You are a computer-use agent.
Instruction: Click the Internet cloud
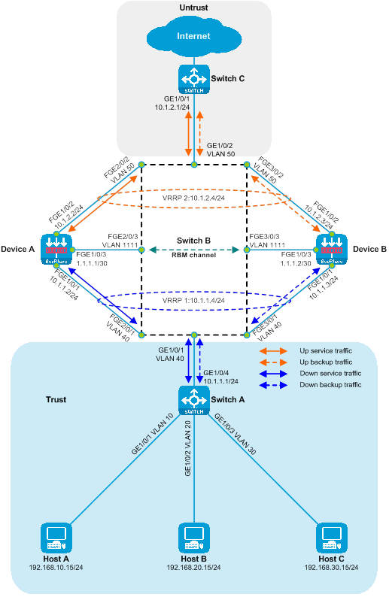coord(194,37)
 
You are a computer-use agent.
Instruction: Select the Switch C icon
coord(194,79)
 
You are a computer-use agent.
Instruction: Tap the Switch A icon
coord(194,400)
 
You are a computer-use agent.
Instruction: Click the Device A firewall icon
coord(56,250)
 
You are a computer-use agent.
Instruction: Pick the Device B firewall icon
coord(332,250)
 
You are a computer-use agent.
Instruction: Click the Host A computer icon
coord(56,538)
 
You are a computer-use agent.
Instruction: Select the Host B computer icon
coord(194,538)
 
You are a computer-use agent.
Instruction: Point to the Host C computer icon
coord(332,538)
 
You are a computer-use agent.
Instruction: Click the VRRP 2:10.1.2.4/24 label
coord(193,198)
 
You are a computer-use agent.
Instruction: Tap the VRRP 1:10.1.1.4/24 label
coord(193,301)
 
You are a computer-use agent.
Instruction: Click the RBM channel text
coord(193,255)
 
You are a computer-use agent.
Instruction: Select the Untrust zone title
coord(193,8)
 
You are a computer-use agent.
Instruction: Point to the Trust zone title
coord(56,399)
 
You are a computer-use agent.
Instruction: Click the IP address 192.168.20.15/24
coord(193,568)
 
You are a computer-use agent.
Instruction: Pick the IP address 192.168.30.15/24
coord(331,568)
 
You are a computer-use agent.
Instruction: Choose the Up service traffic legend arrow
coord(273,351)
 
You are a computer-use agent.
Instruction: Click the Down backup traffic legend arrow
coord(273,385)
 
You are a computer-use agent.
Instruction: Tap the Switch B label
coord(193,241)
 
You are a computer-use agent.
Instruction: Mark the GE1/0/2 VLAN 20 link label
coord(188,448)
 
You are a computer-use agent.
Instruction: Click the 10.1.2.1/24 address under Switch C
coord(172,108)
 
